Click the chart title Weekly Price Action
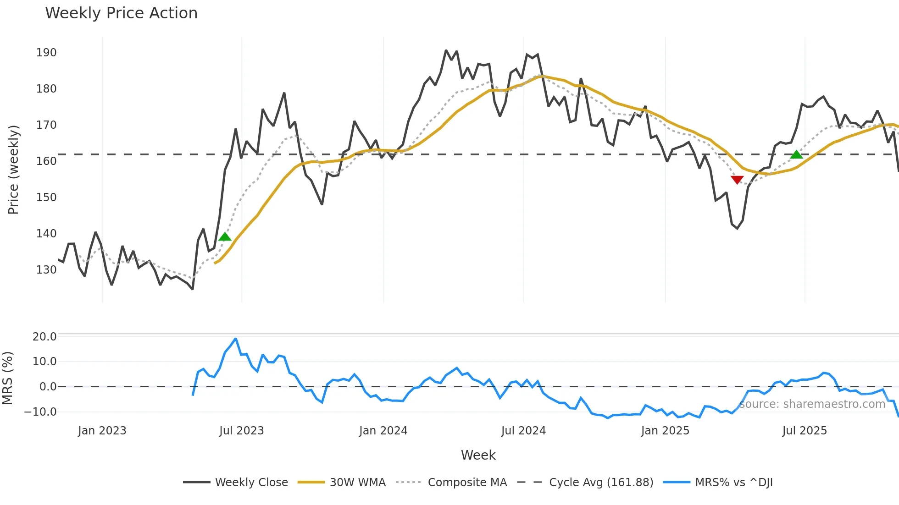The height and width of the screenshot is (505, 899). [121, 13]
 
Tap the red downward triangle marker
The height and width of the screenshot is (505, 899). [737, 180]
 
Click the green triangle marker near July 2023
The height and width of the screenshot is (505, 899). [225, 237]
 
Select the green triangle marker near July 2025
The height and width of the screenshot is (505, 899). [797, 154]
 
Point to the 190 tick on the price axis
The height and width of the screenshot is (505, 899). [46, 53]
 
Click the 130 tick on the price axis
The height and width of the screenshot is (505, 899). [46, 270]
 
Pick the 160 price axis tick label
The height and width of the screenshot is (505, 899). [46, 161]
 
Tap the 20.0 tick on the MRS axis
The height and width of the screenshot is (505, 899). [44, 337]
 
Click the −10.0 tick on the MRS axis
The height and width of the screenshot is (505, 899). [40, 412]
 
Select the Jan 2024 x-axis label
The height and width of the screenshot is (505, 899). [383, 431]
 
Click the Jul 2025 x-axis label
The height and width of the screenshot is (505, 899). [805, 431]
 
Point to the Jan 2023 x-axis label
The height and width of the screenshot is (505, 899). [102, 431]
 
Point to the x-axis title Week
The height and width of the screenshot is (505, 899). [478, 455]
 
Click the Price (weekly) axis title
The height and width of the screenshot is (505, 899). [13, 170]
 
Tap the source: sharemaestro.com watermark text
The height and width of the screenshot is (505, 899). [812, 404]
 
